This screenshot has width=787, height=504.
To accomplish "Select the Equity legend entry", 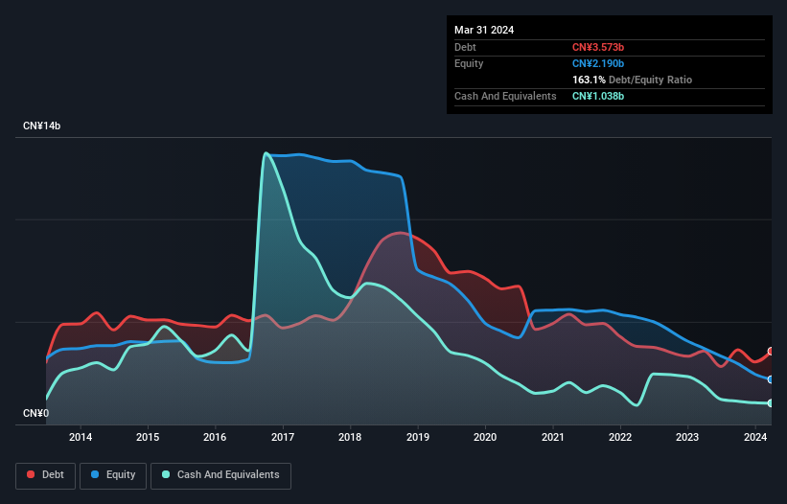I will [x=113, y=474].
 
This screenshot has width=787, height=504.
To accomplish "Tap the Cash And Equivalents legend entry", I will [x=220, y=474].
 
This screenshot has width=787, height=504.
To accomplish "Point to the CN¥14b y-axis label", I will [x=43, y=126].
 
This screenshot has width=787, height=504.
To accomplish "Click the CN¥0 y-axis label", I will [x=35, y=414].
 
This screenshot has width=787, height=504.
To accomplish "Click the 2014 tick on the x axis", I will [x=81, y=438].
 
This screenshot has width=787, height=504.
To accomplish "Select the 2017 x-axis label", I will [x=283, y=438].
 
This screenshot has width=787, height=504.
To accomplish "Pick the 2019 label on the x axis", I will [x=418, y=438].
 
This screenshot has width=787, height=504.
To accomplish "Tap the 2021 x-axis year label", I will [x=553, y=438].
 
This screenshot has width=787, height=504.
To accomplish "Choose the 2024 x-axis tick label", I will [x=755, y=438].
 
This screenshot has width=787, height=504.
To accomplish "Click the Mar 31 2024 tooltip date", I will [x=484, y=30].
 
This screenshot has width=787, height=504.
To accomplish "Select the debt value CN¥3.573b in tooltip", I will [x=598, y=47].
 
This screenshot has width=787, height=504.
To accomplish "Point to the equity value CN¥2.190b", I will [x=598, y=63].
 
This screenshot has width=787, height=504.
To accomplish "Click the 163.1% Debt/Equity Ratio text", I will [x=632, y=80].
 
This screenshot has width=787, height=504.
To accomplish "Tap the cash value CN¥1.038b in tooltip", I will [x=598, y=96].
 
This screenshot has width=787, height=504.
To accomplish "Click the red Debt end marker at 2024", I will [x=771, y=352].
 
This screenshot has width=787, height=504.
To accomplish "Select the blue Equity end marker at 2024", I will [x=771, y=379].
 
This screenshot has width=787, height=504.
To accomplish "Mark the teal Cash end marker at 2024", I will [x=771, y=403].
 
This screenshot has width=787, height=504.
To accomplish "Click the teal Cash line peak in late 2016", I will [x=266, y=153].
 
